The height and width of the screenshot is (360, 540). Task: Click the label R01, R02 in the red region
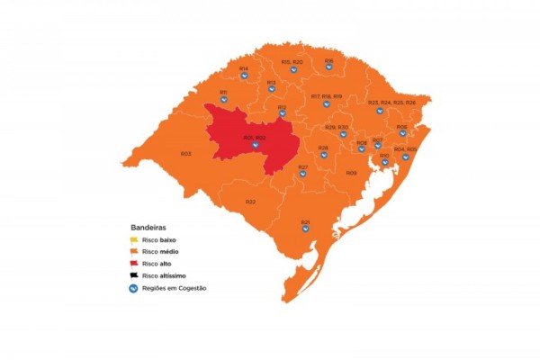pyautogui.click(x=254, y=138)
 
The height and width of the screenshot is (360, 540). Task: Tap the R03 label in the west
pyautogui.click(x=185, y=154)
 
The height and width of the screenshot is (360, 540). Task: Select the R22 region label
pyautogui.click(x=250, y=202)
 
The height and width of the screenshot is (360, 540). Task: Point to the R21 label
pyautogui.click(x=305, y=221)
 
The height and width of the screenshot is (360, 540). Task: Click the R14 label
pyautogui.click(x=244, y=67)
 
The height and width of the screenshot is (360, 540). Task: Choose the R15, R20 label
pyautogui.click(x=292, y=61)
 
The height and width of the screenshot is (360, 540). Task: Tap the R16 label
pyautogui.click(x=329, y=60)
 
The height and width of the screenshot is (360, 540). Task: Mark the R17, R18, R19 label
pyautogui.click(x=327, y=95)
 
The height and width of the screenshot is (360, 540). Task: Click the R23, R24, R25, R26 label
pyautogui.click(x=392, y=103)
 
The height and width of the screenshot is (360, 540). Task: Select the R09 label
pyautogui.click(x=351, y=172)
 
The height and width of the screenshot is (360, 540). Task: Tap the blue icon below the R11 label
pyautogui.click(x=223, y=101)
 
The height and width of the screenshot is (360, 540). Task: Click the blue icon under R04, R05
pyautogui.click(x=405, y=157)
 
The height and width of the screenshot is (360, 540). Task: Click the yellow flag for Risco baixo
pyautogui.click(x=133, y=240)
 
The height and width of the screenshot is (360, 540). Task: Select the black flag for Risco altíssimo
pyautogui.click(x=133, y=275)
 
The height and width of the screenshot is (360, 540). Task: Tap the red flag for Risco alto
pyautogui.click(x=133, y=264)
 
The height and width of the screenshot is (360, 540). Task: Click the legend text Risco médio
pyautogui.click(x=162, y=252)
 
